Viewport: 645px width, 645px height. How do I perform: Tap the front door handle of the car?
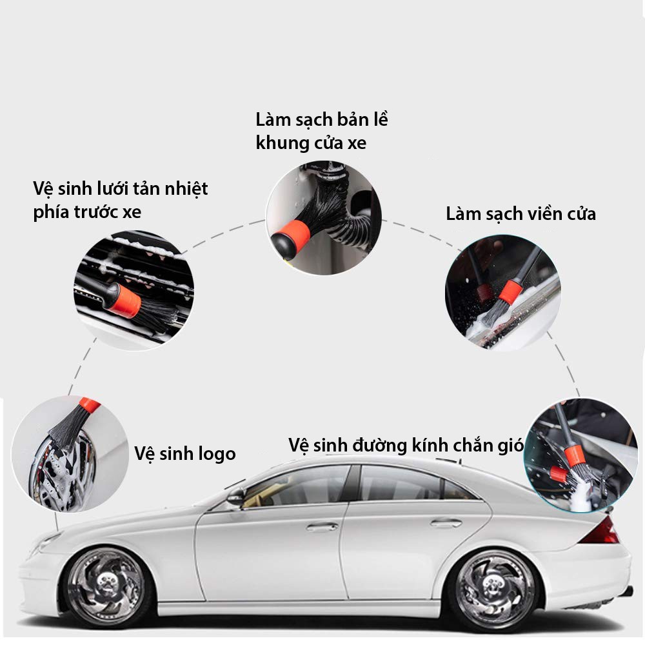pos(322,527)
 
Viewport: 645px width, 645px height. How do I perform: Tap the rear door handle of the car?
pos(446,524)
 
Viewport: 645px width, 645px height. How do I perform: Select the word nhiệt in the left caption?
pos(186,189)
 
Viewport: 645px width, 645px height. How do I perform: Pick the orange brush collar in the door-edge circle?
pos(510,292)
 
